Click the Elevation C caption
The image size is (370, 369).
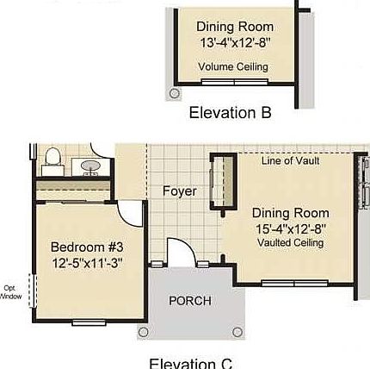(190, 363)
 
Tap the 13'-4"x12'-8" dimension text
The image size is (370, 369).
(234, 42)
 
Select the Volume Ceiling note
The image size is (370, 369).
(233, 66)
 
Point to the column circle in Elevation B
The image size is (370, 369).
(175, 93)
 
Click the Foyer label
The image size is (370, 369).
(179, 191)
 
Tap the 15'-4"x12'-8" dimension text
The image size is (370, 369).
(290, 228)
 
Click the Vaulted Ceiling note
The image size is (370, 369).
(290, 243)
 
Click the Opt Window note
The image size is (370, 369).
(11, 291)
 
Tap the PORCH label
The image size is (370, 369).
(189, 301)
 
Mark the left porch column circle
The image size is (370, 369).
(144, 332)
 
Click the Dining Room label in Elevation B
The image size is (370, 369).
(234, 27)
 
